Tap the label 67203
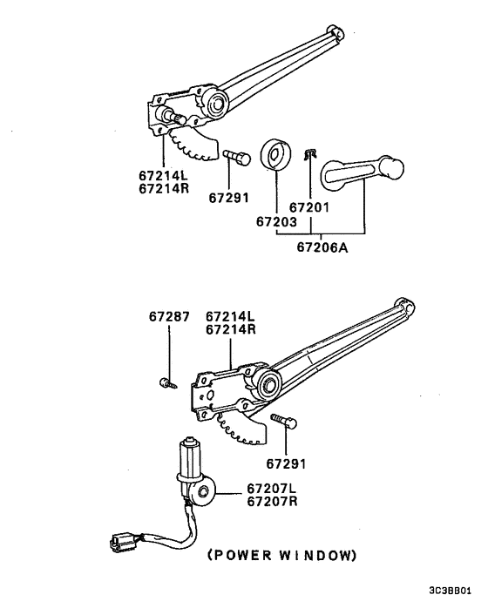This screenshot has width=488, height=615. [275, 222]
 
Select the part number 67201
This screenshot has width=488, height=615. [309, 208]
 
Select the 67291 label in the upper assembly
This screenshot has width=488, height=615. [229, 199]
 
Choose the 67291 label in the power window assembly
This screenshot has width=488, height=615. [288, 463]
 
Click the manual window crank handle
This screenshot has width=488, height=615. [362, 170]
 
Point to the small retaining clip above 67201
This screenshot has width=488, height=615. [308, 155]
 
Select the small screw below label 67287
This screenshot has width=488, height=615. [166, 381]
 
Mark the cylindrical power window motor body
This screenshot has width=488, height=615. [189, 460]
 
